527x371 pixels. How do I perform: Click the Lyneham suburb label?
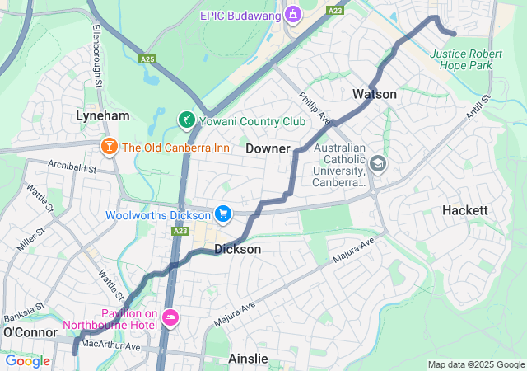103,115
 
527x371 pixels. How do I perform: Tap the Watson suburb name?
375,94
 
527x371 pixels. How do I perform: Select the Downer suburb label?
268,148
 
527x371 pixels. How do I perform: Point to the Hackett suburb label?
465,210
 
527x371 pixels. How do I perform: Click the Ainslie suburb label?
248,359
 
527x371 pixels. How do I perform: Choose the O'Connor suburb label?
30,331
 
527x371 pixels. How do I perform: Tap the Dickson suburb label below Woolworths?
237,249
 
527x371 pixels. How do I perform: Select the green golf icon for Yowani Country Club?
187,121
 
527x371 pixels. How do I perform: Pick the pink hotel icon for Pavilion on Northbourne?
170,317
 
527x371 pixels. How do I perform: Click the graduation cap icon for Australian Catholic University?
378,163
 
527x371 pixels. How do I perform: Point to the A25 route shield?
148,59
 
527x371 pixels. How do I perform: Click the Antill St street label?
478,106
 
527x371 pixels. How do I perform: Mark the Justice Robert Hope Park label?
466,59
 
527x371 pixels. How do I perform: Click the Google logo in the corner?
27,360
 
